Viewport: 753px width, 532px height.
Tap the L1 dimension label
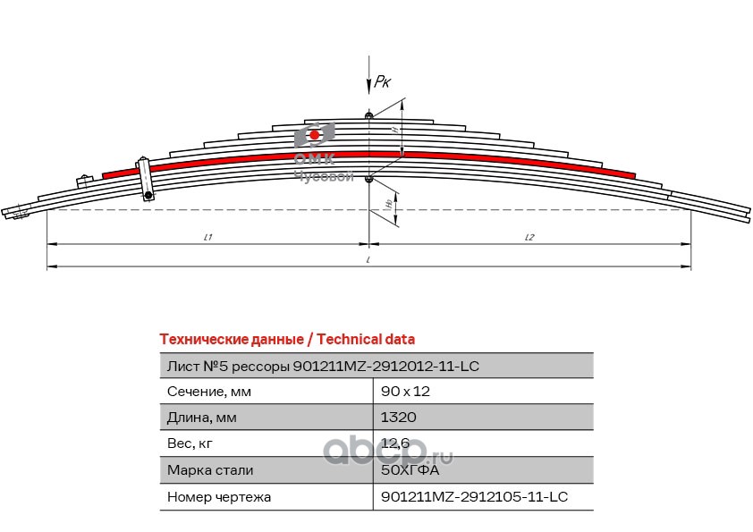pos(207,237)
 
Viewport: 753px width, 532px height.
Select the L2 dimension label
pos(529,237)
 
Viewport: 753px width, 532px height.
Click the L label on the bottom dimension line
pos(368,260)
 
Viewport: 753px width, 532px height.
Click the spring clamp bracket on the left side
pos(144,180)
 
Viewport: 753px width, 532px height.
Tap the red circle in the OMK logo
pos(314,135)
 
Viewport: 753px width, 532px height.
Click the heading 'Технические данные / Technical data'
pos(286,339)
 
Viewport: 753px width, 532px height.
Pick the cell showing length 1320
pos(399,418)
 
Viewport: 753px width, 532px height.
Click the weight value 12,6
pos(395,443)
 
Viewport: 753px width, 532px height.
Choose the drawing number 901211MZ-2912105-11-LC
pos(475,496)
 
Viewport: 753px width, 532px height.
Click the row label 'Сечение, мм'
pos(209,392)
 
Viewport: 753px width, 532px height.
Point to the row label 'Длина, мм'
pos(203,418)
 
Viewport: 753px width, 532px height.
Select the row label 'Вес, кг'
pos(190,443)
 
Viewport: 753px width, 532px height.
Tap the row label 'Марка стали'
pos(210,469)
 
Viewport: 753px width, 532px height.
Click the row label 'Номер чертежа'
pos(219,496)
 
